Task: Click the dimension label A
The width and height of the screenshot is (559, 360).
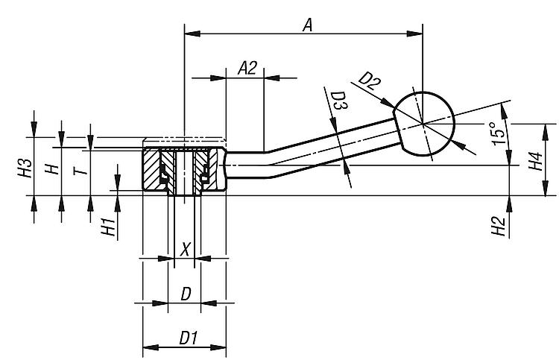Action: click(306, 25)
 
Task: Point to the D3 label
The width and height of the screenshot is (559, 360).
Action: click(338, 103)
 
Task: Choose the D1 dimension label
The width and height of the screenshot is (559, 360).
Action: click(186, 338)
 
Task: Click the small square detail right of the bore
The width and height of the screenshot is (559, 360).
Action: click(203, 178)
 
